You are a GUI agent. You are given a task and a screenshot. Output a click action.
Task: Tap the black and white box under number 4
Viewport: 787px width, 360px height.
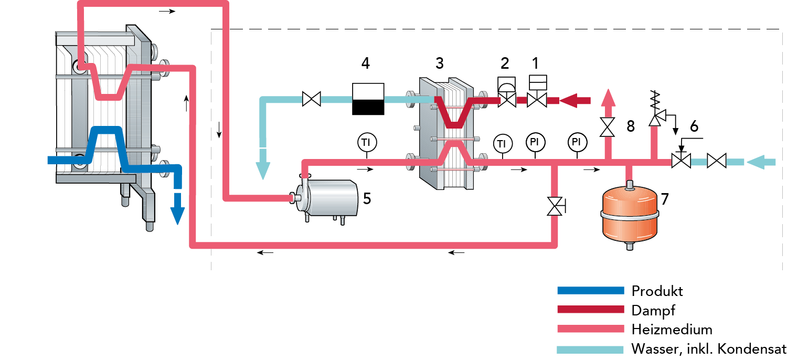click(368, 99)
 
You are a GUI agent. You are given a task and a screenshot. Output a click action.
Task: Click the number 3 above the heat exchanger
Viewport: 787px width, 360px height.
click(439, 63)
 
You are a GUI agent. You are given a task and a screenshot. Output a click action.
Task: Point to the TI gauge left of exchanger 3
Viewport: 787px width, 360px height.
click(367, 142)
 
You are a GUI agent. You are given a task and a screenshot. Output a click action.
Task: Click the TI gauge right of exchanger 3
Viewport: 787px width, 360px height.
click(503, 142)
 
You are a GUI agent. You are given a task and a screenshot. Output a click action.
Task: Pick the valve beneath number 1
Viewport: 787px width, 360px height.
click(537, 100)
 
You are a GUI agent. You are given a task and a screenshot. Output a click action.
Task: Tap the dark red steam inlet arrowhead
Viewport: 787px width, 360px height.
click(569, 100)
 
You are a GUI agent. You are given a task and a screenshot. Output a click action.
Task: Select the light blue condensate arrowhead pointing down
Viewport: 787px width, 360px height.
click(262, 171)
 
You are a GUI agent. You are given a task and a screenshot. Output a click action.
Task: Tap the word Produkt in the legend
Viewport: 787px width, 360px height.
click(657, 291)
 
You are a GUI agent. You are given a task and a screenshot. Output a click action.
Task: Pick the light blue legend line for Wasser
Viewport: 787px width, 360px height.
click(590, 349)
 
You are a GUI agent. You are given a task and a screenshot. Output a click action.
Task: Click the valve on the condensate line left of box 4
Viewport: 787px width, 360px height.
click(312, 99)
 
